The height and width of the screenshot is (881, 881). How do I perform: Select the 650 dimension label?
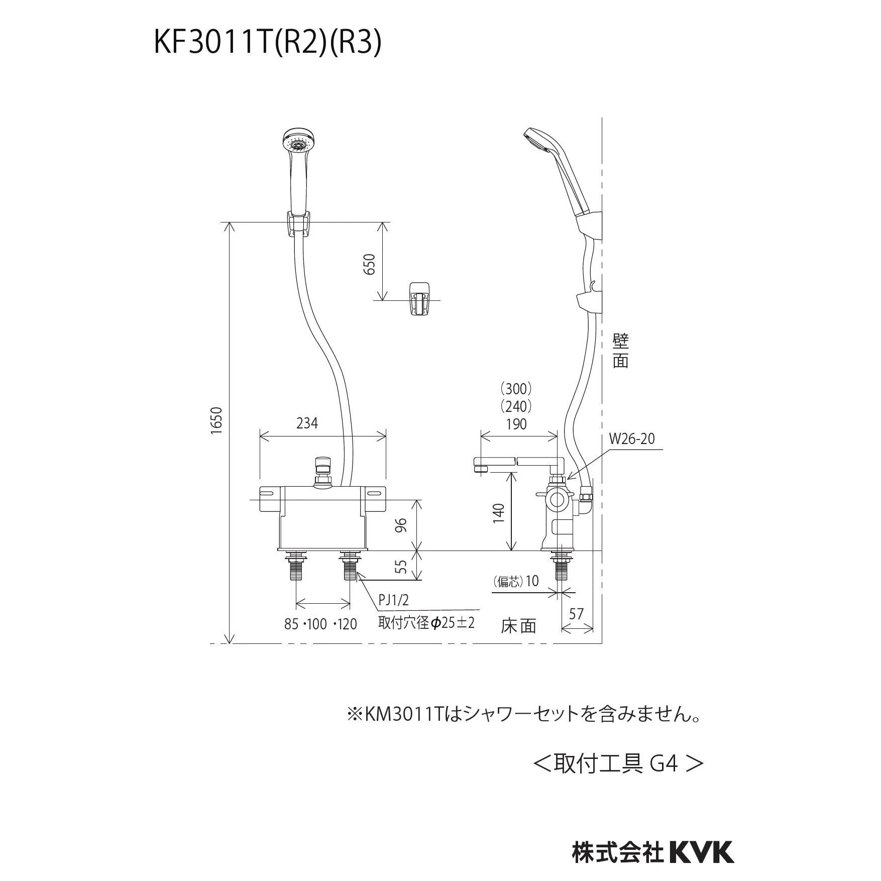(x=369, y=264)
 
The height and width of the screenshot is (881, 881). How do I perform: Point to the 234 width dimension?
(x=307, y=423)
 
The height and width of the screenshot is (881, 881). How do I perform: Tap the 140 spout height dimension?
(x=498, y=513)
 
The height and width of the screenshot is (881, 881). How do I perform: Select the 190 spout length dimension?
(x=516, y=424)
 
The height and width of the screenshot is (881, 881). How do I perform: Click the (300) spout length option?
(x=516, y=388)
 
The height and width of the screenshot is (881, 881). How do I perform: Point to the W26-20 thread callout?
(x=632, y=439)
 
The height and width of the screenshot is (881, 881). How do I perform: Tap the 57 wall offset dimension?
(x=577, y=613)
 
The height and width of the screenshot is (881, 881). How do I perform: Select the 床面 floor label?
(x=518, y=626)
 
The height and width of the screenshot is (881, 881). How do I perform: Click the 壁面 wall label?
(x=621, y=351)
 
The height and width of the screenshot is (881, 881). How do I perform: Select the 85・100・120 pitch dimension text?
(x=320, y=624)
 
